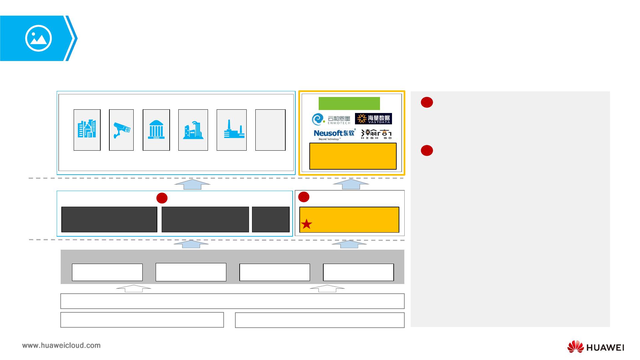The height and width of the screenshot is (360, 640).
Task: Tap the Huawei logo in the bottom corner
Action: point(595,347)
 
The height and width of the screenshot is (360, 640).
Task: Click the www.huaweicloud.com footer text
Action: point(61,345)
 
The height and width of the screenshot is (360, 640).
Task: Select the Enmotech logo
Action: point(331,119)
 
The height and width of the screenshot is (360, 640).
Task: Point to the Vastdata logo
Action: point(373,119)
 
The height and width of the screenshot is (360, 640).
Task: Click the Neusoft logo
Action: point(335,134)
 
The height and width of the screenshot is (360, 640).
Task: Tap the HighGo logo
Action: point(376,134)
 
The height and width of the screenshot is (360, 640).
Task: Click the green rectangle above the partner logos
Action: point(349,103)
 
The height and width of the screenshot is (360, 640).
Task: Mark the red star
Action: point(306,224)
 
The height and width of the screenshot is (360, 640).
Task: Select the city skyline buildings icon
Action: point(87,129)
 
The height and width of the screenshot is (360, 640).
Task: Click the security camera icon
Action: point(122,130)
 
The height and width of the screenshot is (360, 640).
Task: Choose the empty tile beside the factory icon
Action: point(270,130)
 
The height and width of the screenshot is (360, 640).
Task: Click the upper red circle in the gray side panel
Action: point(427,102)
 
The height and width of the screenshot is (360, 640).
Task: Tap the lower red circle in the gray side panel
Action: point(427,151)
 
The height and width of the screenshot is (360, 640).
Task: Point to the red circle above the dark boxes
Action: point(162,198)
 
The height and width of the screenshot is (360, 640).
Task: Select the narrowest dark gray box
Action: point(271,219)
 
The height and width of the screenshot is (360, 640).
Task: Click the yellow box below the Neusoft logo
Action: point(353,156)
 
